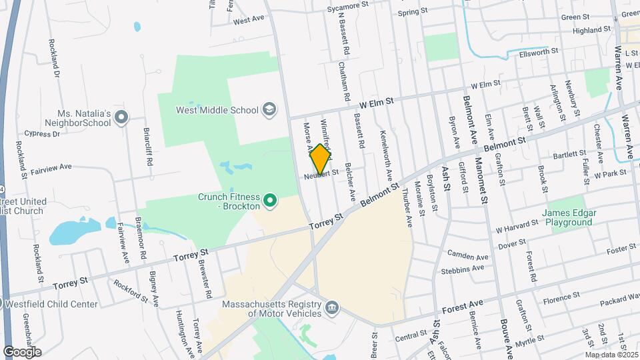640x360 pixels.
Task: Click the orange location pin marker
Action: (320, 159)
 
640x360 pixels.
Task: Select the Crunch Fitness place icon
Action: (270, 199)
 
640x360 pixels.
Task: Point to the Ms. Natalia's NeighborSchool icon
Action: (121, 118)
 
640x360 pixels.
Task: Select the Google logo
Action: (22, 351)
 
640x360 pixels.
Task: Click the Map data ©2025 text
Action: (611, 355)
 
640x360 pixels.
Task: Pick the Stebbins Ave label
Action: (463, 269)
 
